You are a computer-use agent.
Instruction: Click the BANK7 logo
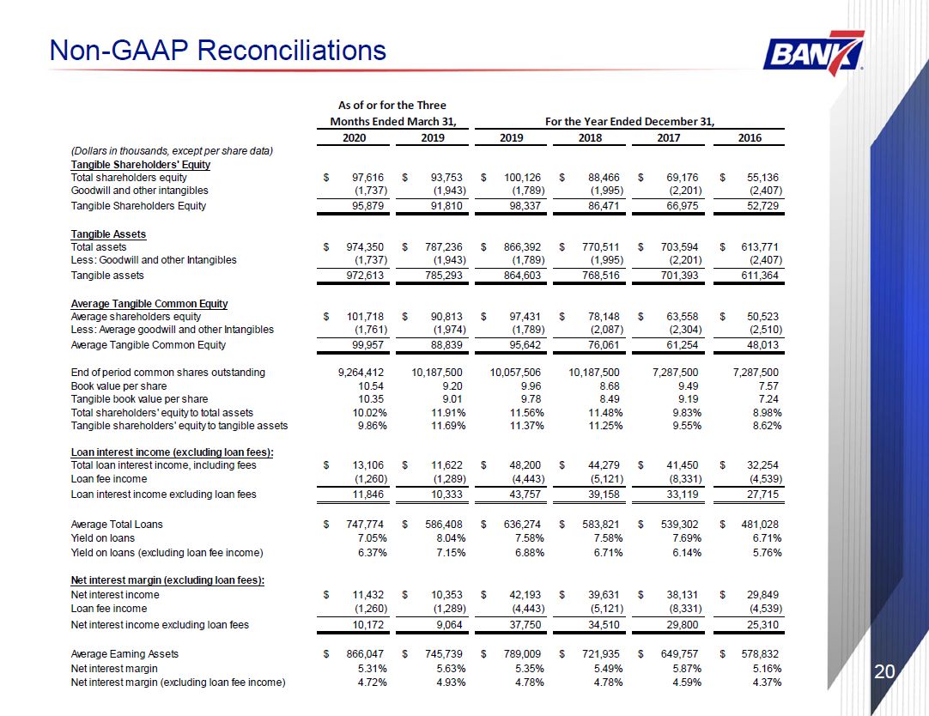click(814, 53)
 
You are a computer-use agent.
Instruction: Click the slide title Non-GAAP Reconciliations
click(218, 50)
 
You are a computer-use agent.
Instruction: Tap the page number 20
click(884, 671)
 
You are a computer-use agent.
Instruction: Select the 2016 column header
click(750, 137)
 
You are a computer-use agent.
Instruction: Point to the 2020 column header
click(355, 137)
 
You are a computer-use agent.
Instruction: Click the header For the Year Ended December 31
click(630, 121)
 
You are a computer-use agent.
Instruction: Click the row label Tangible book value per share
click(139, 399)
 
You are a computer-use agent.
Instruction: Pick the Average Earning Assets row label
click(124, 654)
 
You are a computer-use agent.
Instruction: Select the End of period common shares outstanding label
click(167, 373)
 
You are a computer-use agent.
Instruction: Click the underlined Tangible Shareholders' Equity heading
click(141, 165)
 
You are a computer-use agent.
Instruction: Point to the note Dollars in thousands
click(172, 151)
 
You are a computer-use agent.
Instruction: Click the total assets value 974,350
click(365, 247)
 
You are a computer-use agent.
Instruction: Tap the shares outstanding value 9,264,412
click(361, 373)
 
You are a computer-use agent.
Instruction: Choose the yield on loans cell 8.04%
click(448, 538)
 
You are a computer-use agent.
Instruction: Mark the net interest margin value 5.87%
click(684, 669)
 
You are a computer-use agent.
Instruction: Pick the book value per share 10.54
click(371, 386)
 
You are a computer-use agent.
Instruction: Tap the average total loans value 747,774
click(365, 524)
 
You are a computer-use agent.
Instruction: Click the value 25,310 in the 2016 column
click(762, 625)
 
